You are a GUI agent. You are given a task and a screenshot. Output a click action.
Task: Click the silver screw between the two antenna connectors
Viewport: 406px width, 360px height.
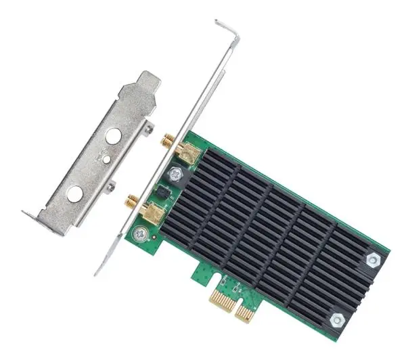click(x=175, y=174)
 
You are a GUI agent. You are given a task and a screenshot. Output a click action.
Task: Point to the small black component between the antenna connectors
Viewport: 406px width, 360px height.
click(x=162, y=192)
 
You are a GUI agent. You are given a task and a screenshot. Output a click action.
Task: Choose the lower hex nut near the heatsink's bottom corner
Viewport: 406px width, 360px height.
click(x=336, y=319)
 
